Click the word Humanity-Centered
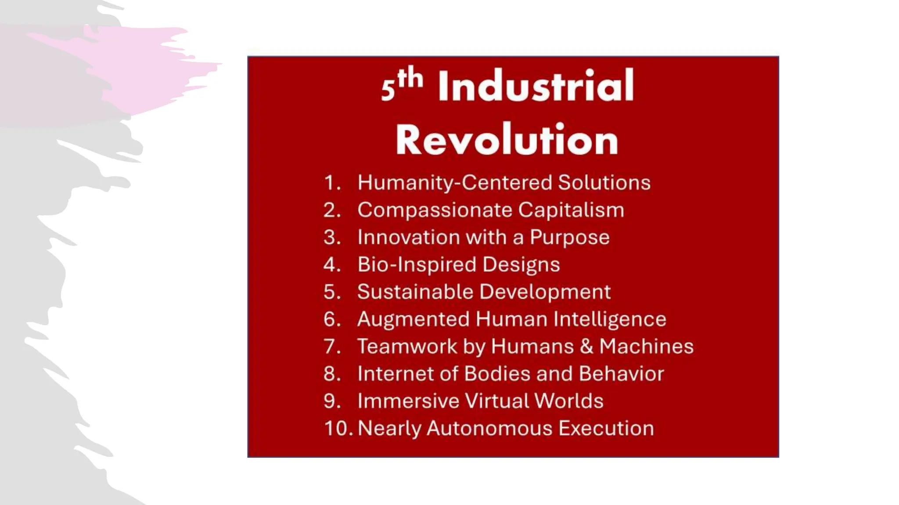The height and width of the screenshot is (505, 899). pyautogui.click(x=454, y=182)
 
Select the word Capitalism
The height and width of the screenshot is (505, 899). pyautogui.click(x=571, y=210)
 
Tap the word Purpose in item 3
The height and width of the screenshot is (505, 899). pyautogui.click(x=569, y=238)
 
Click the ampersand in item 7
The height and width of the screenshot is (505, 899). pyautogui.click(x=586, y=346)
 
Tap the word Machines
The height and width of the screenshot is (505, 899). pyautogui.click(x=646, y=346)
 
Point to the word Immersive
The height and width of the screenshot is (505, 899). pyautogui.click(x=408, y=401)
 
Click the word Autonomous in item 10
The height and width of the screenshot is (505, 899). pyautogui.click(x=489, y=428)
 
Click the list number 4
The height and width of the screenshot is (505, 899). pyautogui.click(x=331, y=264)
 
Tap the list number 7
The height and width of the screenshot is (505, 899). pyautogui.click(x=331, y=346)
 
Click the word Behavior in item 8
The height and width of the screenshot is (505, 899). pyautogui.click(x=621, y=373)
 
